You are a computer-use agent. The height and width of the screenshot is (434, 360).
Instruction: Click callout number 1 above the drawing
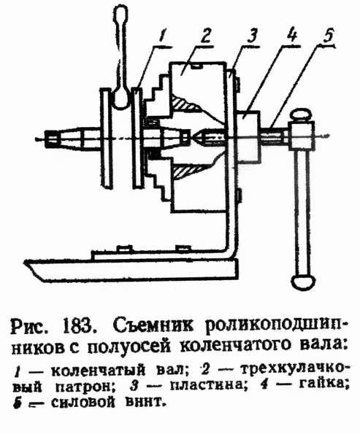(x=162, y=36)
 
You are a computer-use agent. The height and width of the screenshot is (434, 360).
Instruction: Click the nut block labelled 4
(x=248, y=136)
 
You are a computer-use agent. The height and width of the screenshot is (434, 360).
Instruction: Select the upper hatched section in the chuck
(x=185, y=103)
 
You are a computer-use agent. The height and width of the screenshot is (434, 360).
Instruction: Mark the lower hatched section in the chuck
(x=185, y=171)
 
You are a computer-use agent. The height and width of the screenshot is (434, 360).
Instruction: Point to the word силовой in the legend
(x=83, y=402)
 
